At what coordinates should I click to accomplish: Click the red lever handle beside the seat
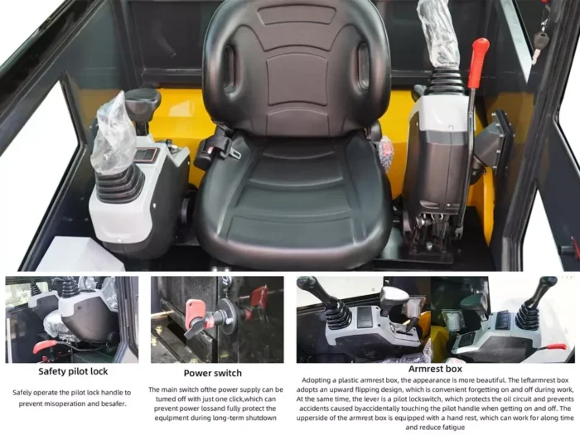point(478,61)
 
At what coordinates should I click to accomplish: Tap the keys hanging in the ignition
point(540,37)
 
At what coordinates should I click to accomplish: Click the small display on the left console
point(146,155)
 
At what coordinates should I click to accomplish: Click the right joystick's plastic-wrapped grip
point(439,32)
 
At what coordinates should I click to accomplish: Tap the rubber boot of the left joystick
point(118,184)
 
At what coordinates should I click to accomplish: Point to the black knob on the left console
point(143,101)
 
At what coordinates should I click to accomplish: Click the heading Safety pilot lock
point(72,371)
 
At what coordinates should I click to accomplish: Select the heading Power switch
point(214,372)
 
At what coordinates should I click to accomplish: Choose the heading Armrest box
point(435,370)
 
